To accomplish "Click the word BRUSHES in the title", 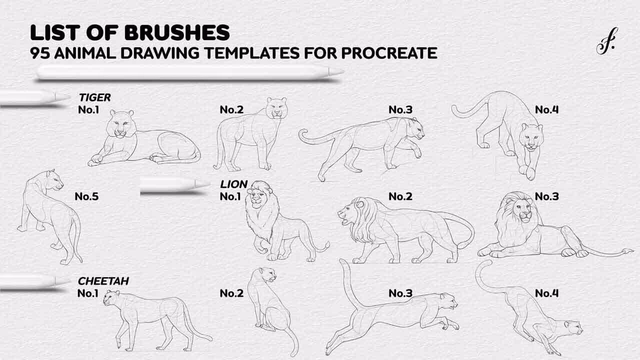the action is click(x=177, y=32).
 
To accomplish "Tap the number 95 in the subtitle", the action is click(x=40, y=53).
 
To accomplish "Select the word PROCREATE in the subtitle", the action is click(x=389, y=53).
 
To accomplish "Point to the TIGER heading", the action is click(x=95, y=97).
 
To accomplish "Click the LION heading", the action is click(x=233, y=184).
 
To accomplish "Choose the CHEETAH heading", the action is click(x=103, y=281).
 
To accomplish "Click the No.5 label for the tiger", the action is click(x=86, y=196).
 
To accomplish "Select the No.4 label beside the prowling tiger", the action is click(x=546, y=109).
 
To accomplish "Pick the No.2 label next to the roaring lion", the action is click(x=400, y=196).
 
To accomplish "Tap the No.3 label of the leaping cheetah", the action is click(x=400, y=293).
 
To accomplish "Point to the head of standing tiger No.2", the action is click(x=276, y=108).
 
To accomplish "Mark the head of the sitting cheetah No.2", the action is click(x=267, y=274).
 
